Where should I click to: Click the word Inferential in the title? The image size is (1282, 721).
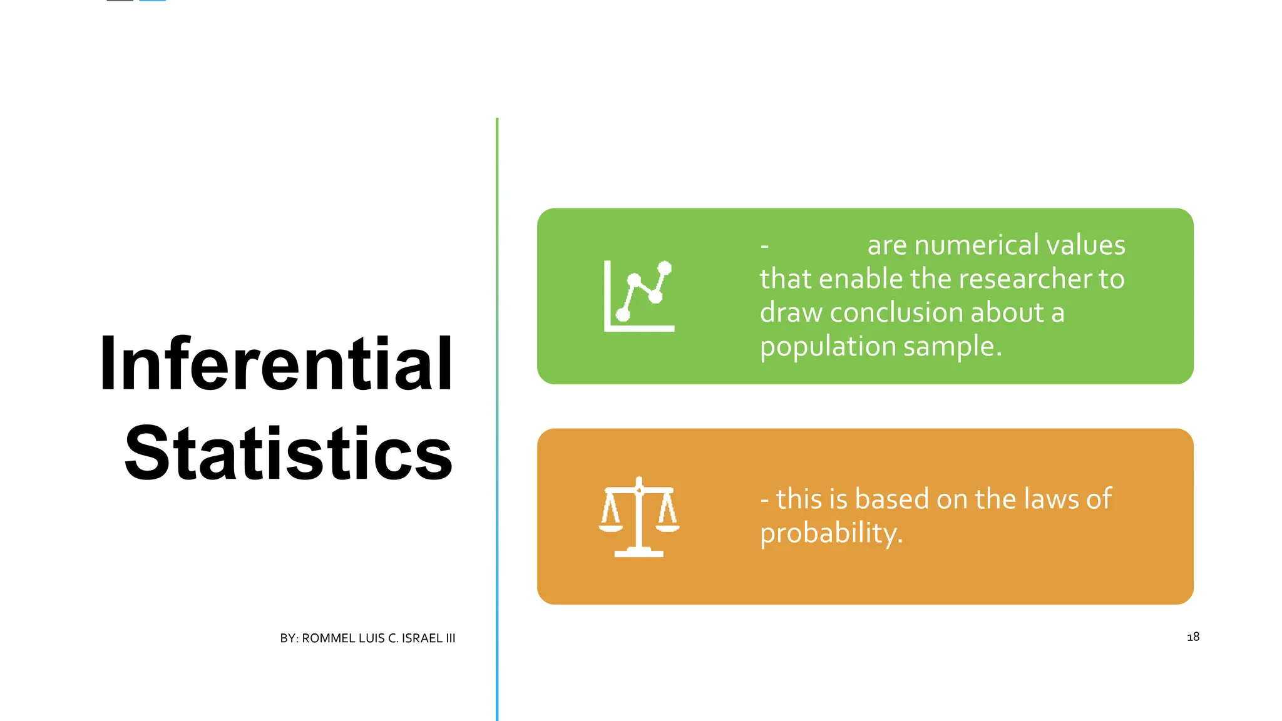click(276, 364)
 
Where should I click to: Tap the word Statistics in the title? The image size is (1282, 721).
click(289, 453)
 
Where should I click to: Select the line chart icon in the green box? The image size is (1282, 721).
click(639, 296)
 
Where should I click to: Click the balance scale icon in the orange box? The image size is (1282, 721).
click(639, 517)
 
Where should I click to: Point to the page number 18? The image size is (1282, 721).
click(1193, 637)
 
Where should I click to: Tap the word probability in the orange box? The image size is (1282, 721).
click(831, 534)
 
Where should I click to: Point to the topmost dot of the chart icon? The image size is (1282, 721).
click(665, 268)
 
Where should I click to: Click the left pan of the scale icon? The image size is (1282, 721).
click(610, 528)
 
